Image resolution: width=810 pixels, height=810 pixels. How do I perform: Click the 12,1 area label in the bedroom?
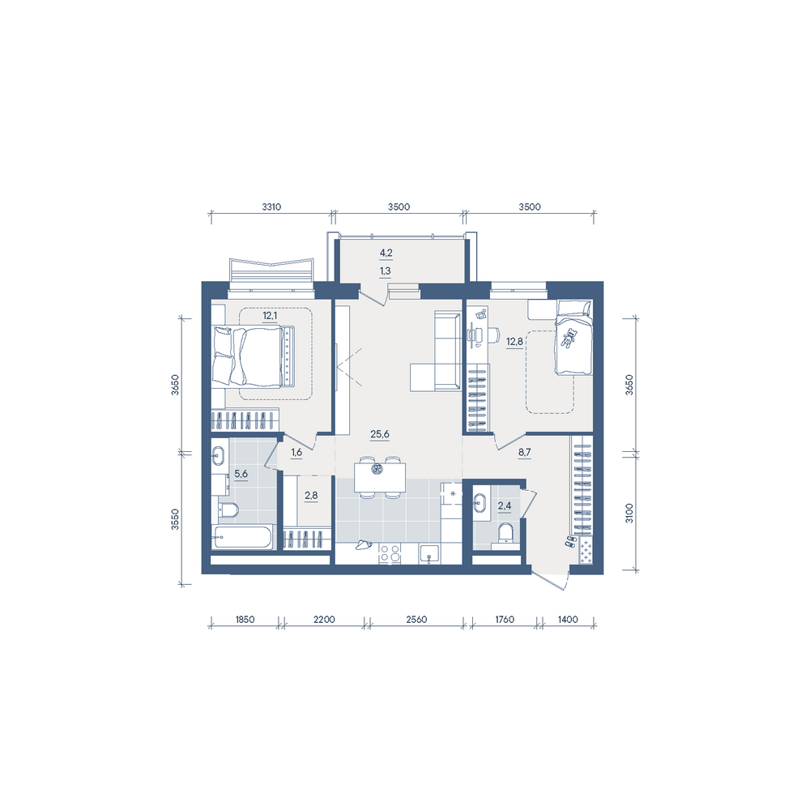tap(270, 315)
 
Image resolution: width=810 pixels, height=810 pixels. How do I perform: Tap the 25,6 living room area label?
tap(380, 434)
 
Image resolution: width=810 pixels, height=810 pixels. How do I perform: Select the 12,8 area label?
tap(514, 342)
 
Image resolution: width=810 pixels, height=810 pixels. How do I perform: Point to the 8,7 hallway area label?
tap(524, 452)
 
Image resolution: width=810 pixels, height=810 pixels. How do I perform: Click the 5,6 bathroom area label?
tap(241, 474)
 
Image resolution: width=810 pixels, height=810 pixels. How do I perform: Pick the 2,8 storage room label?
tap(311, 496)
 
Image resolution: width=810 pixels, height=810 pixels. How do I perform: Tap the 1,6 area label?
tap(296, 453)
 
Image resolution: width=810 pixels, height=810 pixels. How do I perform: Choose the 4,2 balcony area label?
tap(386, 253)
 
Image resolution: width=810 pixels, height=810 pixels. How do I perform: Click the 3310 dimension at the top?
tap(271, 207)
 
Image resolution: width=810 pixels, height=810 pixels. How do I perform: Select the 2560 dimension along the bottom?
tap(416, 620)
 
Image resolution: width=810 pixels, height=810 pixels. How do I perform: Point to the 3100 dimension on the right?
tap(629, 513)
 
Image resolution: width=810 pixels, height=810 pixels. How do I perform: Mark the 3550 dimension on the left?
tap(175, 520)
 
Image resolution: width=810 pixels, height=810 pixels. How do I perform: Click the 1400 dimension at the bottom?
tap(568, 620)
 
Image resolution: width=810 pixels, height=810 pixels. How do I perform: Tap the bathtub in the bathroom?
tap(242, 537)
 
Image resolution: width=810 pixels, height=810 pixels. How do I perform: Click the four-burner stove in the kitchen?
tap(390, 553)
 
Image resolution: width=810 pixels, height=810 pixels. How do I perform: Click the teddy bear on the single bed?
tap(569, 339)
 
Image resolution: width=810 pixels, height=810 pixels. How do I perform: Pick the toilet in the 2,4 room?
tap(505, 534)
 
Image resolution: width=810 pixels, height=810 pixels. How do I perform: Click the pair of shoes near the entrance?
tap(570, 541)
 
